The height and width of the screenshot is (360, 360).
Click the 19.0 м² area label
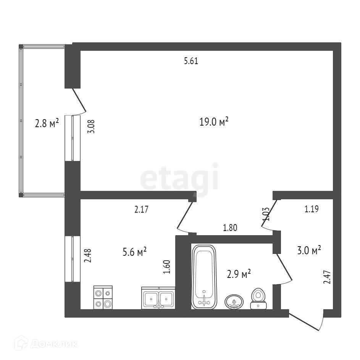(214, 122)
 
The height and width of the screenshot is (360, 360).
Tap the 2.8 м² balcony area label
(47, 123)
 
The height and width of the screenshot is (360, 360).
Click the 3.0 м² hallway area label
(309, 250)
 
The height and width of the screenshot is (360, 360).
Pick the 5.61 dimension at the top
(191, 61)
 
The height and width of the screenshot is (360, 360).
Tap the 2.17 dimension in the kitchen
(141, 209)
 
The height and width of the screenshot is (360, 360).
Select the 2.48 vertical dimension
(87, 256)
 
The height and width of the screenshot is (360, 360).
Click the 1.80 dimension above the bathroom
(230, 228)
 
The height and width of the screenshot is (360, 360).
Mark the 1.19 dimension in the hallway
(311, 209)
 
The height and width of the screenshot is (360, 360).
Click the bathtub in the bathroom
(204, 276)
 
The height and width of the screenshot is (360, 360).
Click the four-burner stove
(103, 297)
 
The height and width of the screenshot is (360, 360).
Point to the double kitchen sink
(158, 297)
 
